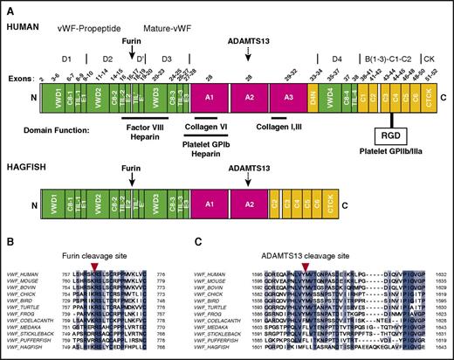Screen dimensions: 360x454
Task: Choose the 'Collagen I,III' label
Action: (x=282, y=126)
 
